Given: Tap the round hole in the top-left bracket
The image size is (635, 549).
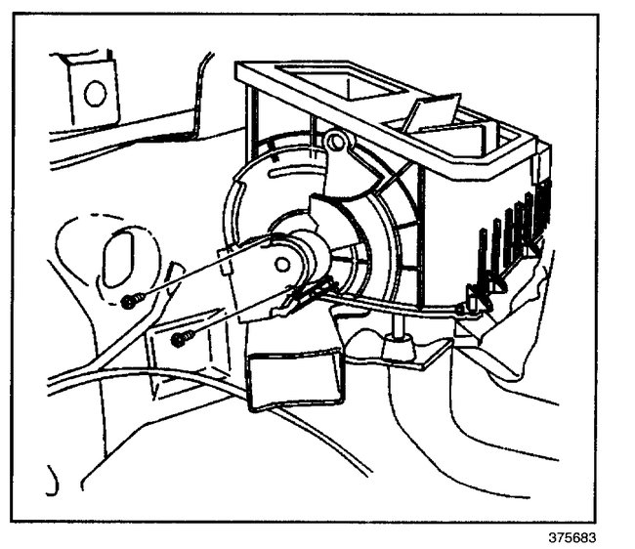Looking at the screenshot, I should pos(95,94).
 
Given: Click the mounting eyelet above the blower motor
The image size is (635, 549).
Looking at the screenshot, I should pos(337,144).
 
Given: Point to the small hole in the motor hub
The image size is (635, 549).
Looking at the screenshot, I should pos(282,263).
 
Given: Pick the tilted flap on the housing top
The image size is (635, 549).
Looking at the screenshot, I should pos(429,109).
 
